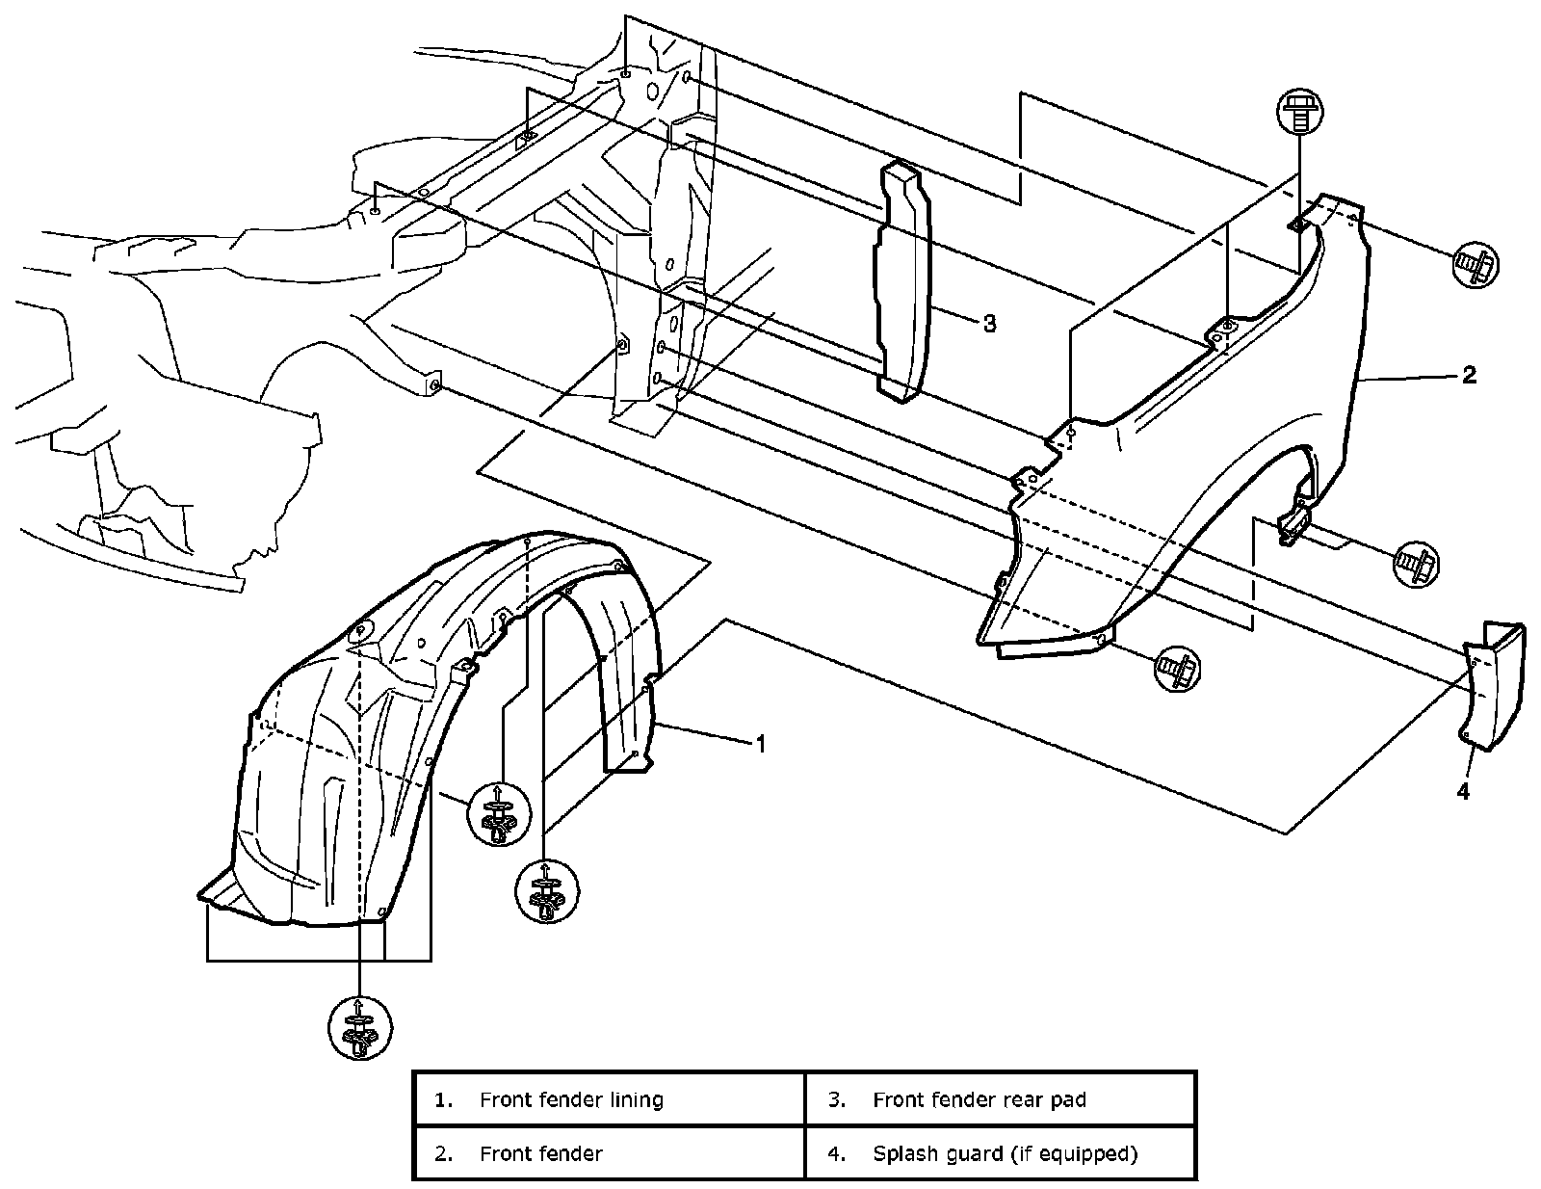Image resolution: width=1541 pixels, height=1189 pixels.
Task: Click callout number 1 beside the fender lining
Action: (760, 744)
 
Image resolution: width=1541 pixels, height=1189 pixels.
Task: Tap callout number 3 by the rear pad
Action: (989, 324)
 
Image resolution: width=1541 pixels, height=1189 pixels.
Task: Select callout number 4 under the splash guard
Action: (1463, 791)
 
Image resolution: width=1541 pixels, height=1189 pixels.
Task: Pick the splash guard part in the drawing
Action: (1493, 684)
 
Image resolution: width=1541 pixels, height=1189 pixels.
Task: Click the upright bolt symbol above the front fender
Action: (1298, 114)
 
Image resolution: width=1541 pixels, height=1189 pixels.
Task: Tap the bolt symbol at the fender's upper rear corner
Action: (1475, 263)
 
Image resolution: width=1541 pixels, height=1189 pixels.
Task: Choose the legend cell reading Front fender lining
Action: (609, 1099)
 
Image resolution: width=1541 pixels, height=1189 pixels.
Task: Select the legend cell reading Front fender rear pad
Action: (1000, 1099)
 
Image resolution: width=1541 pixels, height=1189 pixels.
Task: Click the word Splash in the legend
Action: (902, 1153)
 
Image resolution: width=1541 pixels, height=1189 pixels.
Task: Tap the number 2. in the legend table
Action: (444, 1153)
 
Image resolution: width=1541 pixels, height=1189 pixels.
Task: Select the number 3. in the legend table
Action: (837, 1099)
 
